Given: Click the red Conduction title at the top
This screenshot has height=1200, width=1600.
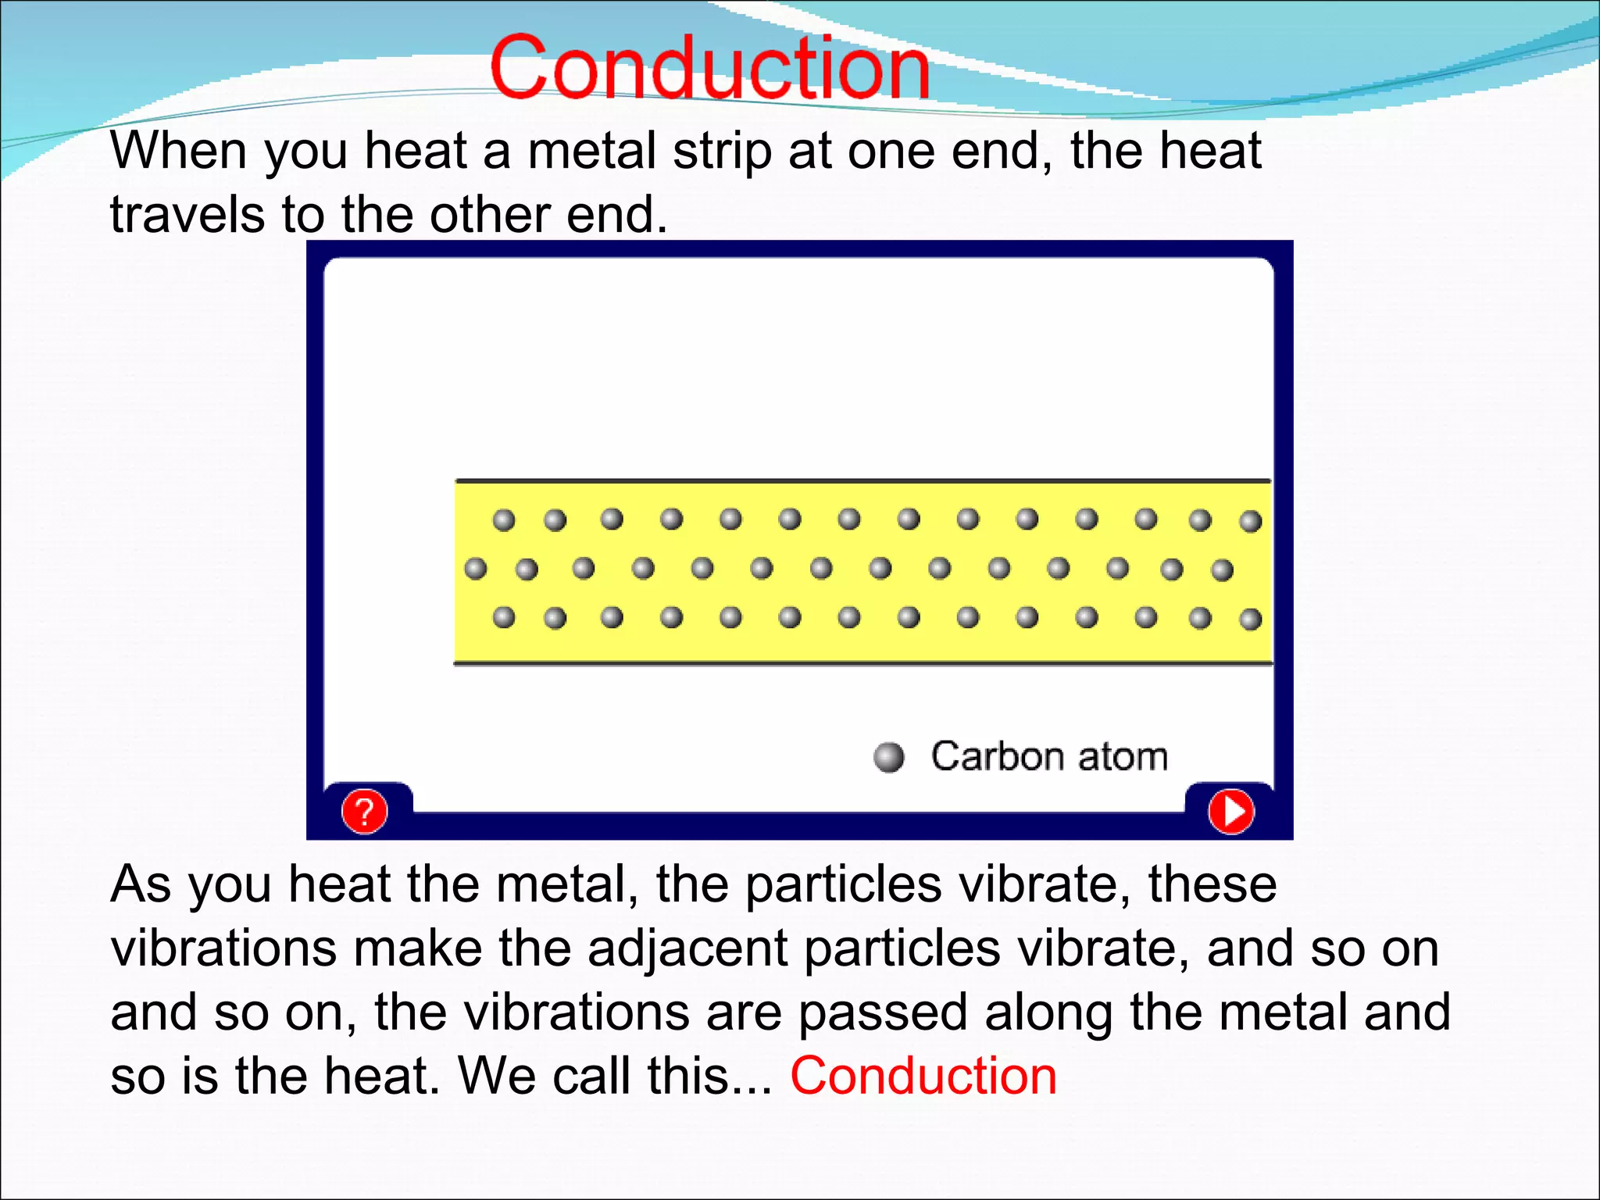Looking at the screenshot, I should (x=709, y=69).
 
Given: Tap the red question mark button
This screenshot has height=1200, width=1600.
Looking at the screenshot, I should (x=364, y=812).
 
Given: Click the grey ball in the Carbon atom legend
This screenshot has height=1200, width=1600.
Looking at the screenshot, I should (x=888, y=756).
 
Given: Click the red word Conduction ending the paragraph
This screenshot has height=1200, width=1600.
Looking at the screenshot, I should (x=923, y=1076).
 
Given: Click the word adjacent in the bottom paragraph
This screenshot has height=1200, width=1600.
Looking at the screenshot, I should (x=687, y=949).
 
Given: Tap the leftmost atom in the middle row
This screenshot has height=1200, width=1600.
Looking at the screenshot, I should (x=475, y=568).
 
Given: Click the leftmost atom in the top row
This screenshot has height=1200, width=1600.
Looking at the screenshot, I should (x=504, y=520).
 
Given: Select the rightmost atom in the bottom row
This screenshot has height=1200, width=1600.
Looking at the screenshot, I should (x=1250, y=620).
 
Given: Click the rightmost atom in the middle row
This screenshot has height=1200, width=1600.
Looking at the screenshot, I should (x=1222, y=570).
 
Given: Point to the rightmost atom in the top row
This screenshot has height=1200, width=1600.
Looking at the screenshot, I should (x=1250, y=521).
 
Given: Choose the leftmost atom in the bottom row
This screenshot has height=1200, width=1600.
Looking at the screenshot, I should (x=504, y=617).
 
